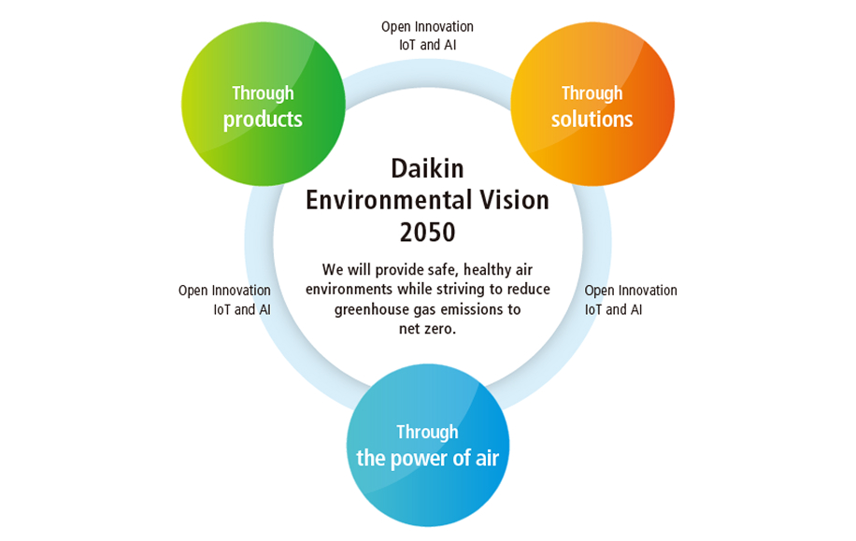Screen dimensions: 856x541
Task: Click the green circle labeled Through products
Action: (264, 104)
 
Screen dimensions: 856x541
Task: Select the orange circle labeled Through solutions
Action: (592, 104)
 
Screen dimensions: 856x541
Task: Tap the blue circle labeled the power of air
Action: (428, 445)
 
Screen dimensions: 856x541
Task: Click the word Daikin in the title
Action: (427, 169)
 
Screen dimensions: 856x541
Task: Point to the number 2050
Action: (427, 232)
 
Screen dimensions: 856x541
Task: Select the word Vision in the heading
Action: (511, 200)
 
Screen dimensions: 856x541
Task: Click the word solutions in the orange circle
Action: (592, 119)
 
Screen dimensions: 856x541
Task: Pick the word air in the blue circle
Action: (487, 458)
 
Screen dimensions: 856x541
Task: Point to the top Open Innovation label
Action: (427, 26)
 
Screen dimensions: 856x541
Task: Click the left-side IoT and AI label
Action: (242, 309)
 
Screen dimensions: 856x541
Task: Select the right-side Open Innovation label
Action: (631, 291)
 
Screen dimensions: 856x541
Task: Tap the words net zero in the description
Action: (427, 329)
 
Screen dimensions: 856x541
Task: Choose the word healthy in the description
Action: (488, 270)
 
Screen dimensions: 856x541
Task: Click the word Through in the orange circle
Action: (592, 93)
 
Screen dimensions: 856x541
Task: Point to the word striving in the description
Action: (462, 290)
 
